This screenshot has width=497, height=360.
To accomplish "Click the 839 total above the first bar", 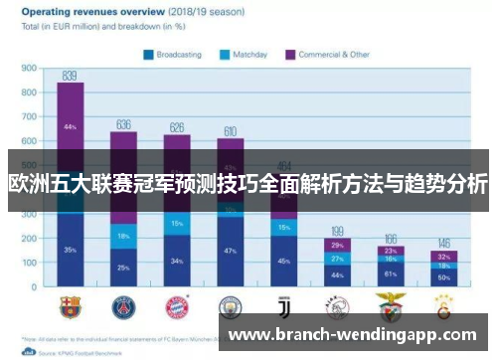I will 70,76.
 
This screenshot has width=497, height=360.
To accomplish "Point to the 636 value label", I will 123,125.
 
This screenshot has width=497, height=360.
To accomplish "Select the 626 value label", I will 177,127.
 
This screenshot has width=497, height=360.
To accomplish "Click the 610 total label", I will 230,130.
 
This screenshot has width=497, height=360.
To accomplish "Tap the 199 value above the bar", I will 338,231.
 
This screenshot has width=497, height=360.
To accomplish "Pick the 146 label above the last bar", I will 443,244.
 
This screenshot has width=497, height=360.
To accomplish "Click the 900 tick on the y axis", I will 29,70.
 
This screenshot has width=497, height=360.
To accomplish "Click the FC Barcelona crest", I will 70,305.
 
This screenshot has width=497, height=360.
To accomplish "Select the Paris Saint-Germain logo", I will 123,305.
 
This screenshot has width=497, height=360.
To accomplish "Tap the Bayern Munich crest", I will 177,305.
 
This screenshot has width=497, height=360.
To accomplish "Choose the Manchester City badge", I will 230,305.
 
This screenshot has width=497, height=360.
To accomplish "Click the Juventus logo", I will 283,305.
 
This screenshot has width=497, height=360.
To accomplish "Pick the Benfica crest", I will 390,305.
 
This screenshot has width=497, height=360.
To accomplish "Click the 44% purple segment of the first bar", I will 70,127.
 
